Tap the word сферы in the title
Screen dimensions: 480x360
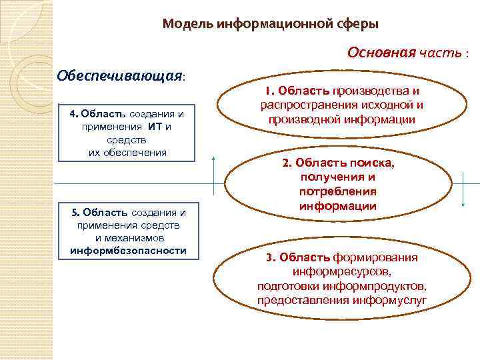[358, 24]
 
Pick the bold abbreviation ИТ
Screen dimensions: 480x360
[151, 126]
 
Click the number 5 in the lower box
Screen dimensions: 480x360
[73, 212]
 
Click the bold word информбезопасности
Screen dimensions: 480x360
[128, 250]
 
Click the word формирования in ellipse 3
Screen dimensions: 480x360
[385, 257]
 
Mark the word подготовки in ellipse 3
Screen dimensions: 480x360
[287, 286]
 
